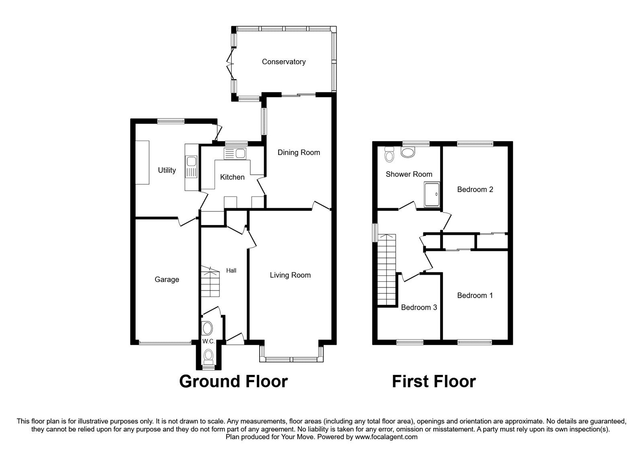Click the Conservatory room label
(x=283, y=61)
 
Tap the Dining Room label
(x=299, y=152)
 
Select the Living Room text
(x=290, y=275)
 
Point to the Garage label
(x=167, y=279)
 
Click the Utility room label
(x=167, y=170)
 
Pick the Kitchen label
(x=232, y=177)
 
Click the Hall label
(x=231, y=270)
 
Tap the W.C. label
(x=208, y=342)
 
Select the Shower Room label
(x=409, y=174)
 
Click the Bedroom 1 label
(x=475, y=295)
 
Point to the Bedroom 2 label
(x=475, y=189)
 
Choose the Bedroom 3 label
(x=419, y=307)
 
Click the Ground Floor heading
(x=233, y=381)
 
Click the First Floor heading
(x=434, y=381)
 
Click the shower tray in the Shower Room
(x=432, y=194)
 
